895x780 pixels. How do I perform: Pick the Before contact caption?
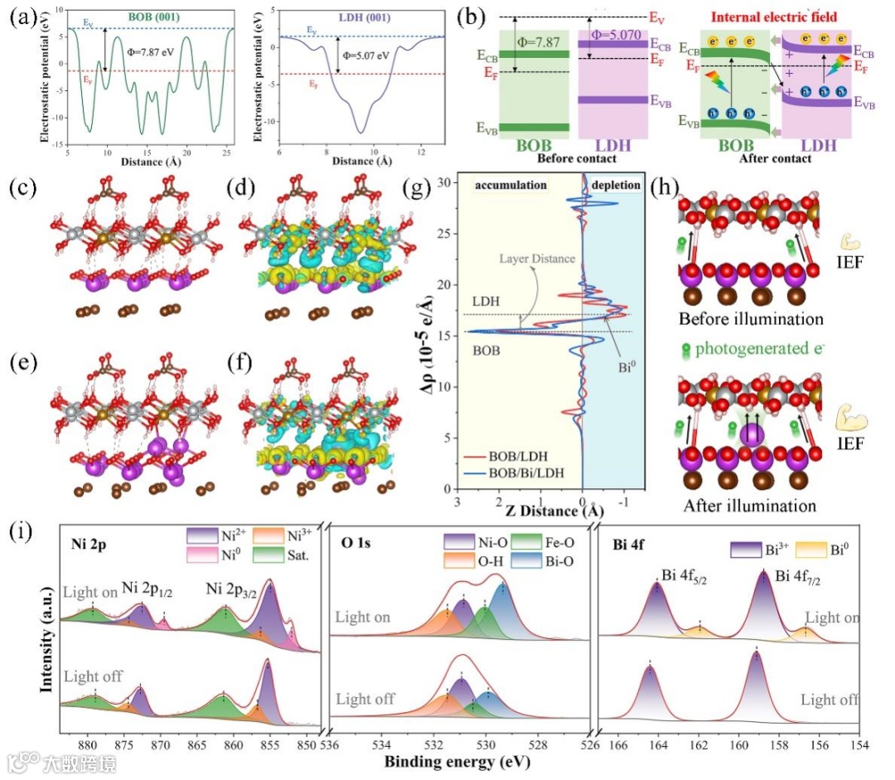pos(577,158)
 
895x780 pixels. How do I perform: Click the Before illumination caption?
pos(751,319)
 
